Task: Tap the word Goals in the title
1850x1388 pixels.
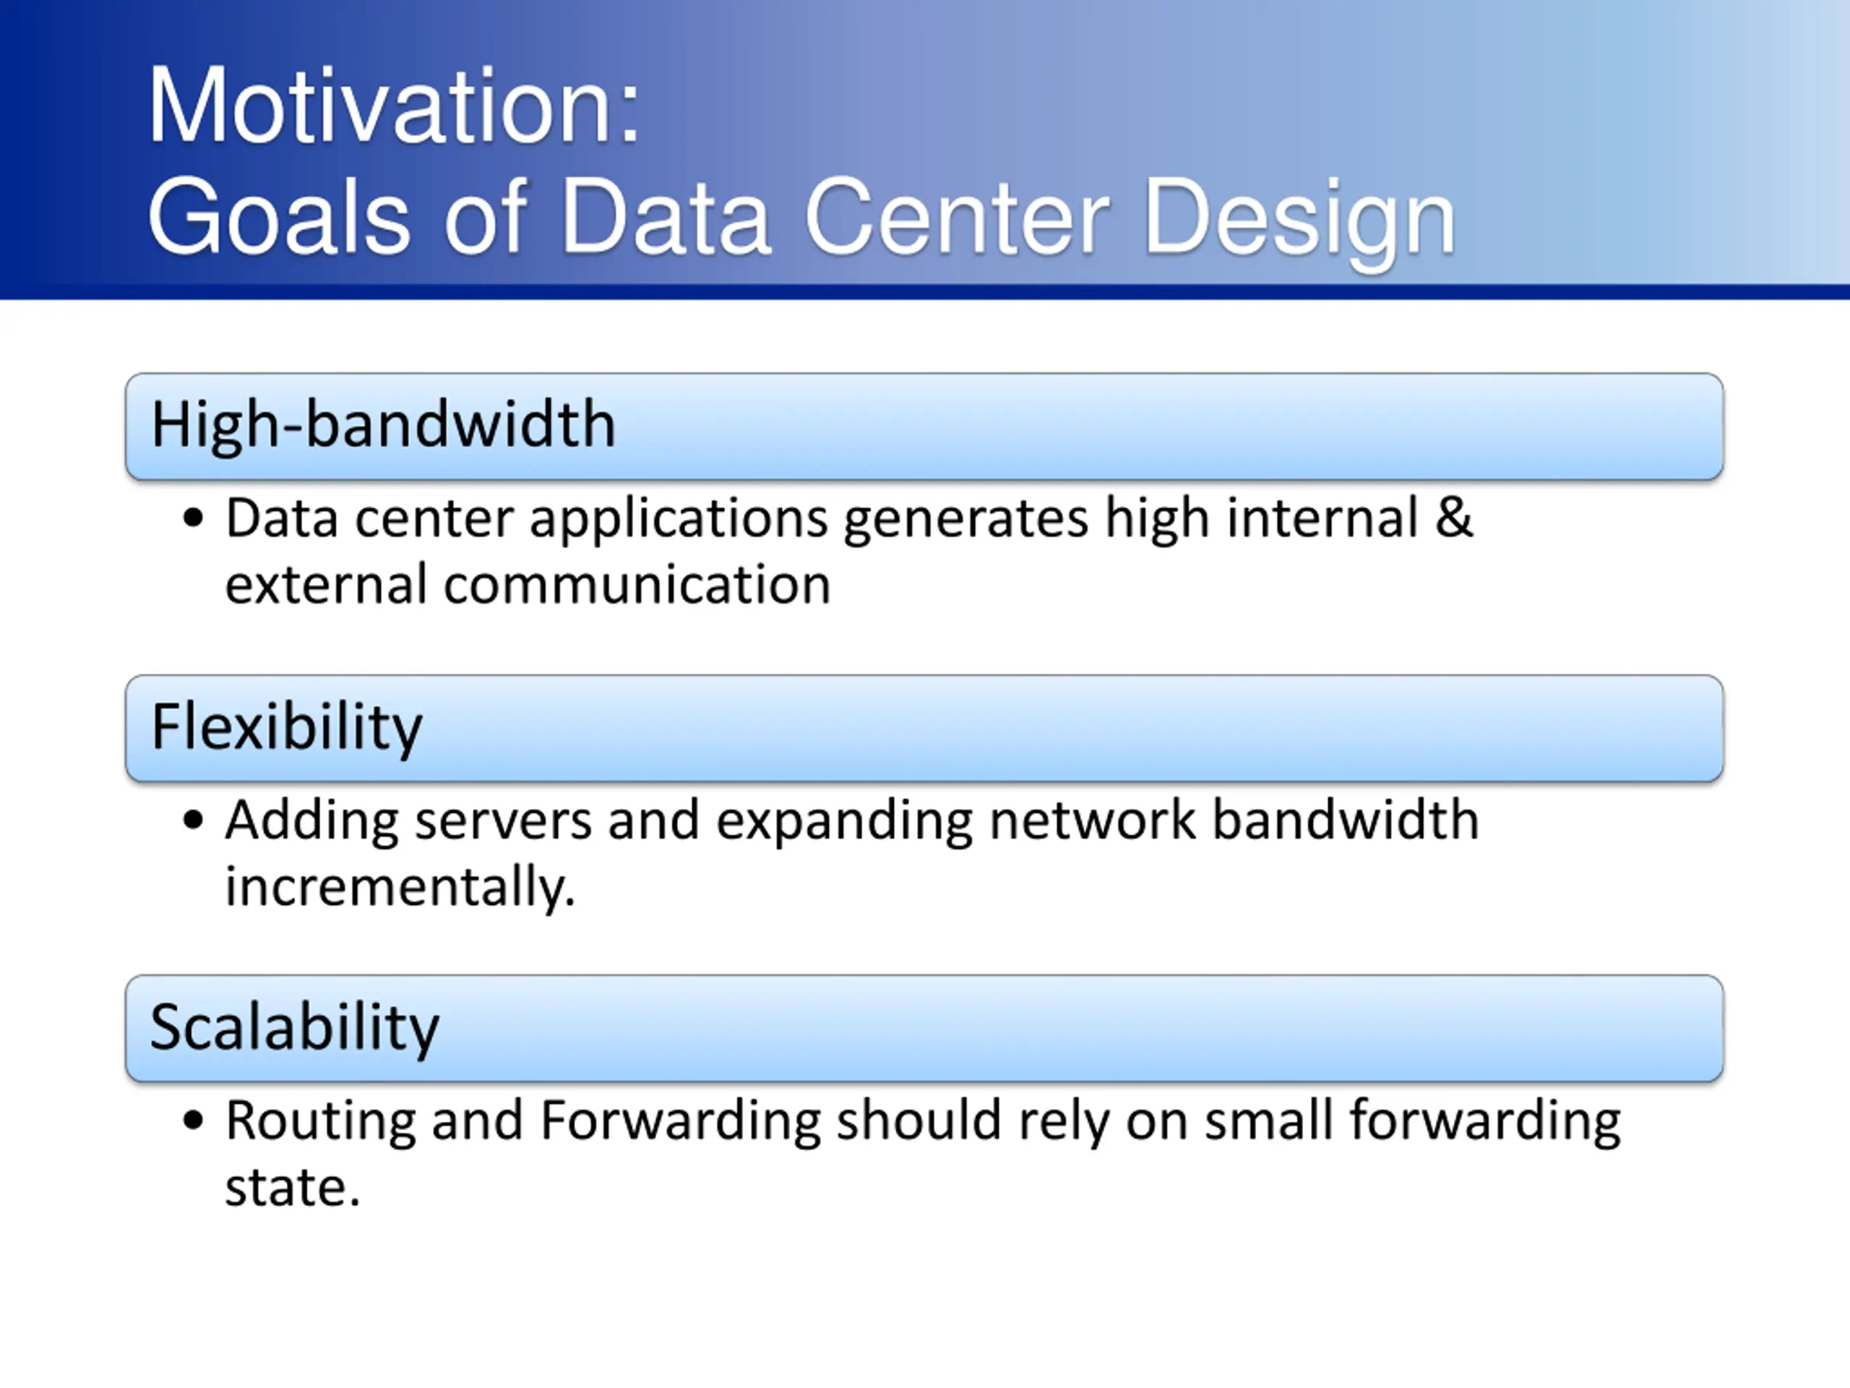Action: [x=278, y=217]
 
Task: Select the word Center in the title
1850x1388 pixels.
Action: [x=957, y=217]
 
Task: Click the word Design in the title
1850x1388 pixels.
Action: [x=1299, y=221]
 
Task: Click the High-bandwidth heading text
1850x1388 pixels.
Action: [x=383, y=425]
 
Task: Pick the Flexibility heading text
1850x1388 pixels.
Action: [x=287, y=727]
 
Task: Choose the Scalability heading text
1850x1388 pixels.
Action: [x=294, y=1028]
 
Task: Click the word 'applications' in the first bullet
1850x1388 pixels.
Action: [x=679, y=520]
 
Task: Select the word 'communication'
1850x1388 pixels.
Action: [x=637, y=584]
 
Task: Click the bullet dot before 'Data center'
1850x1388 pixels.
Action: [x=193, y=518]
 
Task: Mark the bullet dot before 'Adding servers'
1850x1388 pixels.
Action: [x=193, y=819]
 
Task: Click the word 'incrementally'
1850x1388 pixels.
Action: [x=400, y=887]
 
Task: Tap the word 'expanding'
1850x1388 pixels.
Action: [x=845, y=821]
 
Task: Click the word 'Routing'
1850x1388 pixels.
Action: [x=321, y=1123]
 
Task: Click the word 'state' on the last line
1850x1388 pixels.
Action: [x=293, y=1188]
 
